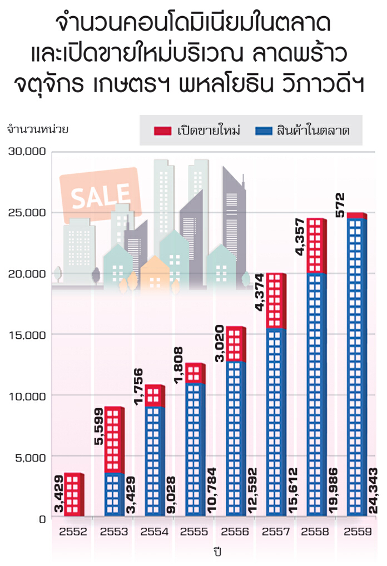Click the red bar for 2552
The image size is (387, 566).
click(x=73, y=495)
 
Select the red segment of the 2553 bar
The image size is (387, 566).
click(x=113, y=439)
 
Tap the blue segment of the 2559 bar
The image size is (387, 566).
click(x=355, y=367)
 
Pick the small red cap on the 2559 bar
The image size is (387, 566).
click(x=355, y=216)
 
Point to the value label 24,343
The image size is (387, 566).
click(x=374, y=485)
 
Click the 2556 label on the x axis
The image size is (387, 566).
click(x=236, y=532)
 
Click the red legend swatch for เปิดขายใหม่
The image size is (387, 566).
click(x=162, y=131)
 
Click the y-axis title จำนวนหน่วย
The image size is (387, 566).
click(x=37, y=130)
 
